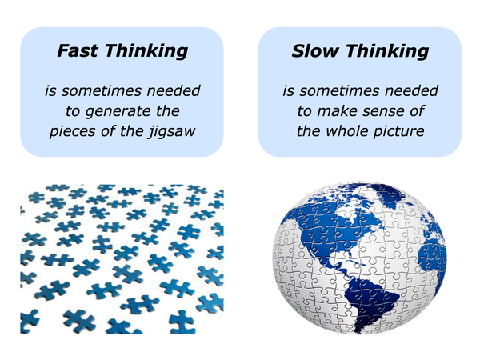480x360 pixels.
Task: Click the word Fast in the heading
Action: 78,50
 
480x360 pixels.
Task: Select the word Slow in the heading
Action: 314,50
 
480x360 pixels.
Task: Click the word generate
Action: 118,111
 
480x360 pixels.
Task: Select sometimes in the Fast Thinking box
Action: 102,90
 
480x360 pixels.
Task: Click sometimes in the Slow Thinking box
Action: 340,90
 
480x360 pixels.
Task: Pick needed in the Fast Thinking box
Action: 174,90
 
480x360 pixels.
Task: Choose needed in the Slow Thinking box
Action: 412,90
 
